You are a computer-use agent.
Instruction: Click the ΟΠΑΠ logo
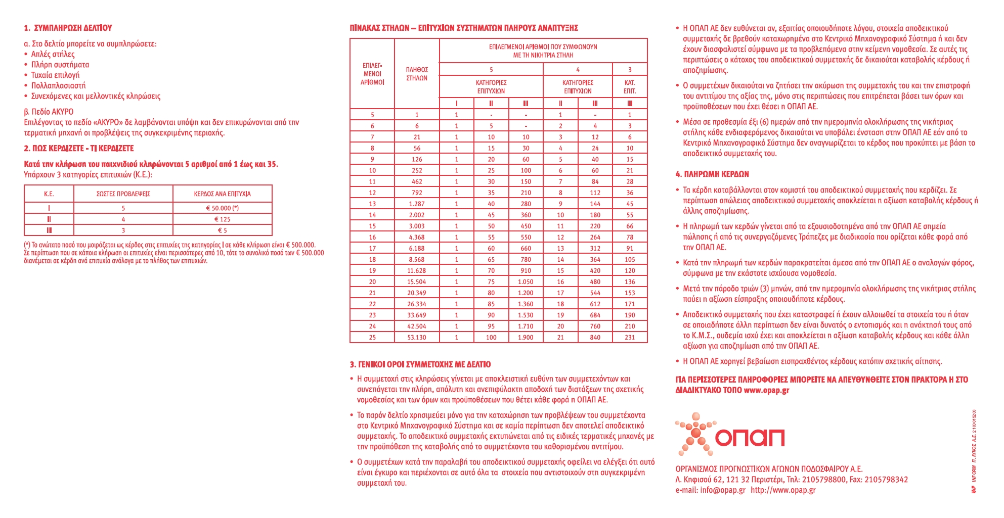[x=730, y=435]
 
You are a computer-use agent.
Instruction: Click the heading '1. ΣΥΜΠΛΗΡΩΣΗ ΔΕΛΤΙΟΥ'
[x=68, y=28]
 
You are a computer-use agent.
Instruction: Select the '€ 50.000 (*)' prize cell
[x=222, y=208]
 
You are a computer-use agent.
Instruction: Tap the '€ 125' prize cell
[x=222, y=219]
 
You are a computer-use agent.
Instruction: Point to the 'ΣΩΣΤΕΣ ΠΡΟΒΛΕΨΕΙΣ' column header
[x=123, y=194]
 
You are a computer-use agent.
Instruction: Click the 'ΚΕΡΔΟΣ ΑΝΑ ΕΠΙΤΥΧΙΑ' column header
[x=222, y=194]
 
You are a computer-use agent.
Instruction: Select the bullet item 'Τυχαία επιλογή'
[x=55, y=75]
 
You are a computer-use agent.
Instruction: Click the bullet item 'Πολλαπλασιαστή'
[x=58, y=85]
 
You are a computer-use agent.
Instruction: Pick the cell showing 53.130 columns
[x=416, y=337]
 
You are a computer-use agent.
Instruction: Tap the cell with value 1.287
[x=416, y=204]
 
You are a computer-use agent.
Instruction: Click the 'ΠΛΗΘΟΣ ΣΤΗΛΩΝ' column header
[x=416, y=74]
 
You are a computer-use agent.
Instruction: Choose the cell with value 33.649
[x=416, y=315]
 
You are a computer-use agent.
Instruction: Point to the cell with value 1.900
[x=526, y=337]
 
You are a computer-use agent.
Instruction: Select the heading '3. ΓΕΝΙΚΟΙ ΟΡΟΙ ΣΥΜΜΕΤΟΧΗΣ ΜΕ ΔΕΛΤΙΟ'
[x=420, y=364]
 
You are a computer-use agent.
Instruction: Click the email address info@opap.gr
[x=723, y=490]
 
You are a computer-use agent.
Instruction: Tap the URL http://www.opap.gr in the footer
[x=783, y=490]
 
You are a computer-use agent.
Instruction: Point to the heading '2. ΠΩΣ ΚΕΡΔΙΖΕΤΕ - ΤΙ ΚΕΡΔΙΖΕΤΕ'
[x=79, y=148]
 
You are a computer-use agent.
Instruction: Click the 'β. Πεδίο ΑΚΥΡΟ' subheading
[x=49, y=111]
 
